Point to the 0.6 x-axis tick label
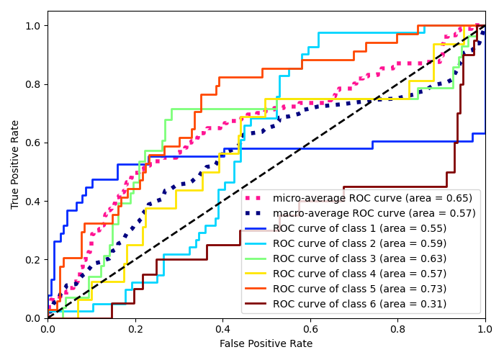coord(310,329)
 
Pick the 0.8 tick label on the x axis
coord(397,329)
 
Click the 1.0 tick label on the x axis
coord(485,329)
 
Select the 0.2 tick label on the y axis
coord(34,260)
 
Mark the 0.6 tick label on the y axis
coord(34,143)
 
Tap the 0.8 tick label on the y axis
coord(34,84)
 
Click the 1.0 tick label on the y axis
coord(34,26)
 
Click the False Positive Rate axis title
coord(266,344)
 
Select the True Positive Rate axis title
coord(15,165)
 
